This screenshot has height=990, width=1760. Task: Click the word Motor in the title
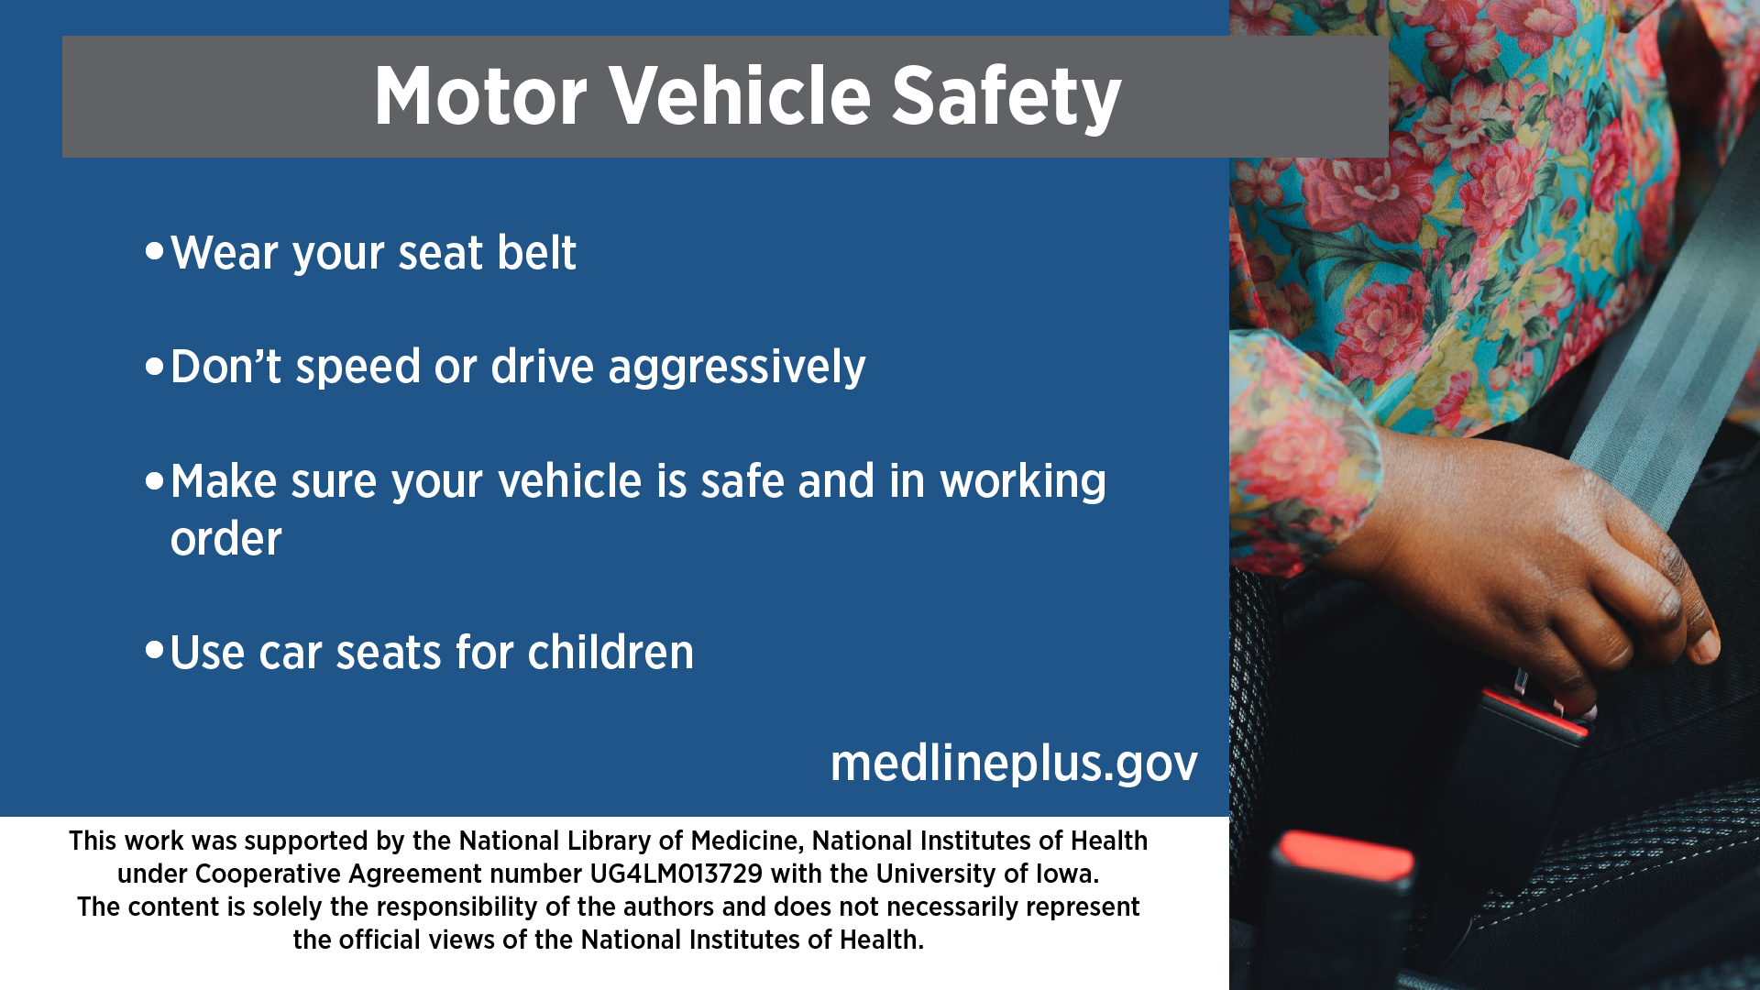coord(480,96)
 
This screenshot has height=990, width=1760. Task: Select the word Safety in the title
coord(1006,99)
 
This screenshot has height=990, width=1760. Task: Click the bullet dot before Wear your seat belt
coord(154,250)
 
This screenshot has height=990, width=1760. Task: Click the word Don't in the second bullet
coord(225,366)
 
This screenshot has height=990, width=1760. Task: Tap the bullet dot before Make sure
coord(154,479)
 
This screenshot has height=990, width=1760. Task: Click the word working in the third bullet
coord(1023,483)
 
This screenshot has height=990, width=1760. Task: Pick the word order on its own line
coord(226,538)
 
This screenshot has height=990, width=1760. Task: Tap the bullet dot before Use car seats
coord(154,651)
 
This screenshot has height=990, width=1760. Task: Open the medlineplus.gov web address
coord(1014,764)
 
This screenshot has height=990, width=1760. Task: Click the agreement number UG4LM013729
coord(676,874)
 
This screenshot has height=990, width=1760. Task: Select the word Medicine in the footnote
coord(745,841)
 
